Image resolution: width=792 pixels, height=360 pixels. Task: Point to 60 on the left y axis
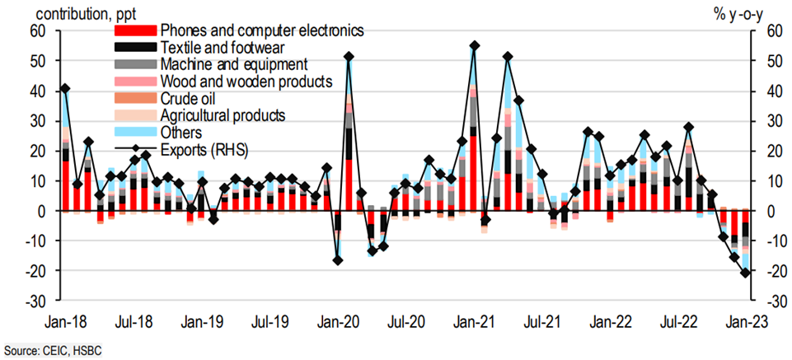pyautogui.click(x=35, y=31)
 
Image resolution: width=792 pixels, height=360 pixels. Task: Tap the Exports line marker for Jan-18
pyautogui.click(x=65, y=88)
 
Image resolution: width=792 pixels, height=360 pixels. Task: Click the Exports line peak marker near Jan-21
pyautogui.click(x=474, y=46)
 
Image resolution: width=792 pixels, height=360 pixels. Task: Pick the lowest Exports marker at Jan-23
pyautogui.click(x=745, y=273)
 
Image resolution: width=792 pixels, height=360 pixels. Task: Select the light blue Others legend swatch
pyautogui.click(x=135, y=132)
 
